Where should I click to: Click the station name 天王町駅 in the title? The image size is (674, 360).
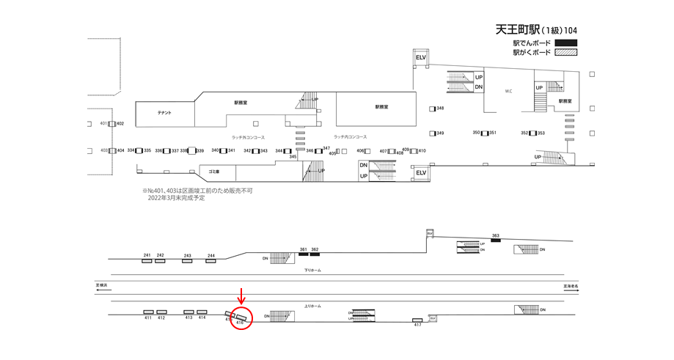519,30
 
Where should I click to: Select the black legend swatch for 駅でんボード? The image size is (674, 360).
566,43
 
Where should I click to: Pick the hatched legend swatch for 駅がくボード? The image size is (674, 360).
566,53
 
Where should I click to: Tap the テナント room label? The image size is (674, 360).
164,112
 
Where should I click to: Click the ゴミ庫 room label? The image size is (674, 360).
214,171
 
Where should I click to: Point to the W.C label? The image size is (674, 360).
508,91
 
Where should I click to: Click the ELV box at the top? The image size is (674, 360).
421,57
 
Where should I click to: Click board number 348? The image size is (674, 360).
440,109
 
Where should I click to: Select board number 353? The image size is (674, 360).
541,133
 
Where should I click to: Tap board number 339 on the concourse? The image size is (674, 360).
199,151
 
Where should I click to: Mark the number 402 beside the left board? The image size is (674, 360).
120,123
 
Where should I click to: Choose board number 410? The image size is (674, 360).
422,151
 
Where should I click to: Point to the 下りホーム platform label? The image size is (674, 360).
312,270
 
